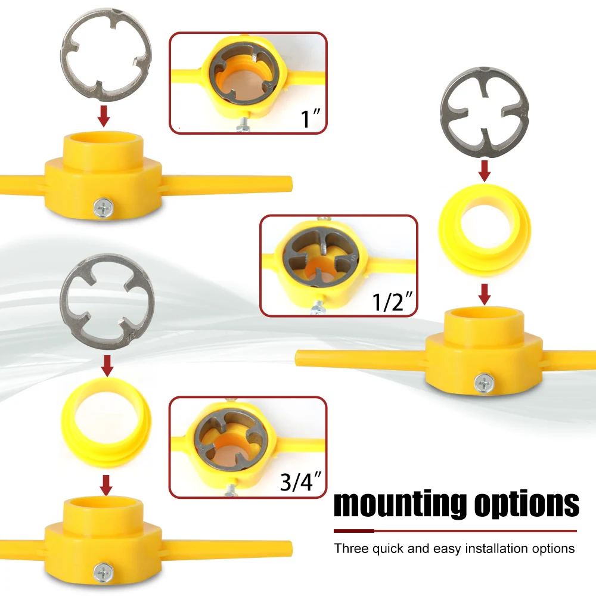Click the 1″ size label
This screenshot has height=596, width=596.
(311, 118)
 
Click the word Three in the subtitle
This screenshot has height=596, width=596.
(351, 548)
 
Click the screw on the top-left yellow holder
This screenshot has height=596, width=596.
(103, 208)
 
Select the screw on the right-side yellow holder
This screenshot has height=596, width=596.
(484, 383)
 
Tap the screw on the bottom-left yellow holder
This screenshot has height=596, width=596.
(103, 572)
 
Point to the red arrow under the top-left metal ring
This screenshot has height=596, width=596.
(103, 116)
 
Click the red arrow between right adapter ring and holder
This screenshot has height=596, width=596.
(484, 294)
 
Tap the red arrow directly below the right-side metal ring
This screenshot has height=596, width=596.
(484, 171)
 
